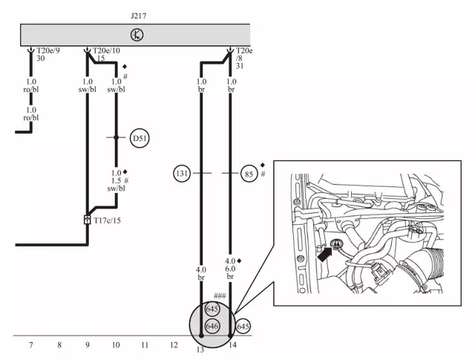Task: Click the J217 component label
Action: point(139,16)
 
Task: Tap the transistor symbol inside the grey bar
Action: point(137,35)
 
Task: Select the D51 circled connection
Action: point(140,138)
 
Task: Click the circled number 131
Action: point(182,174)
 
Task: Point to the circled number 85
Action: point(249,174)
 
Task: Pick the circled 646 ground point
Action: point(212,326)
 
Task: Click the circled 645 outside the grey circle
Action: point(243,327)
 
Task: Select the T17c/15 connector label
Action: point(107,220)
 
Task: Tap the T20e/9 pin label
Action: point(48,50)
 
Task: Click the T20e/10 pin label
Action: point(106,50)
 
